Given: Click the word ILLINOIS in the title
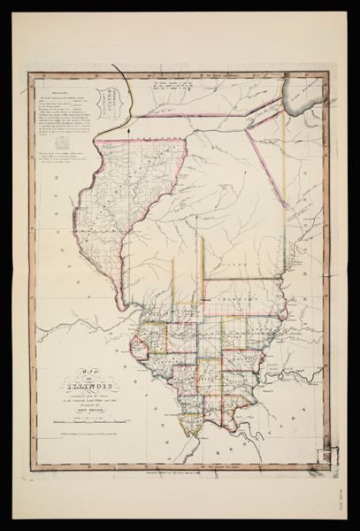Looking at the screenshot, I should coord(87,385).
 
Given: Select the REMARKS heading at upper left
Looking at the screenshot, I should coord(57,89).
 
